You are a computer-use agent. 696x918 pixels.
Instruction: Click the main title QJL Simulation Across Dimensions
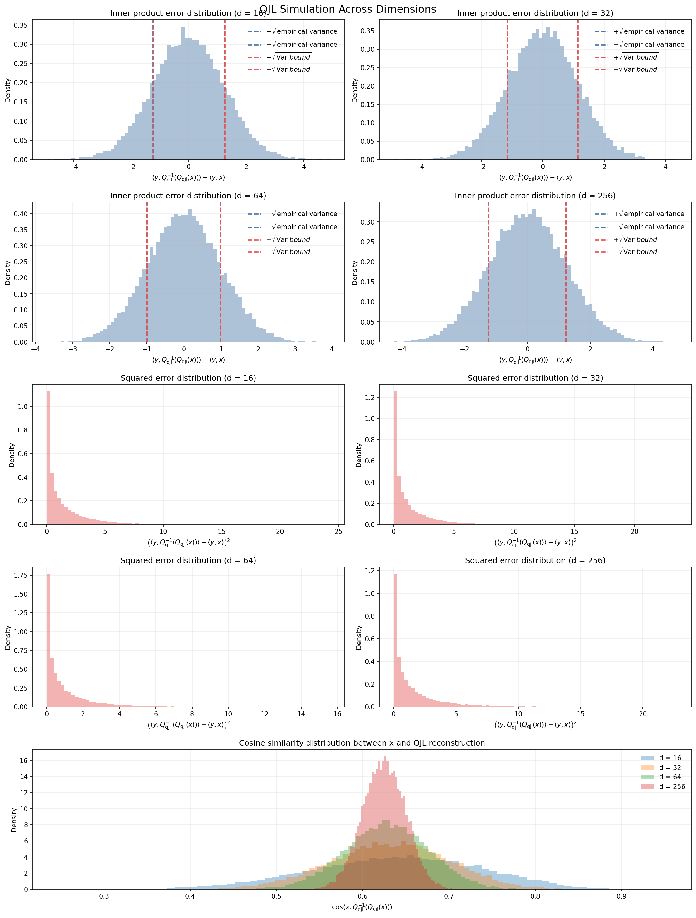click(348, 9)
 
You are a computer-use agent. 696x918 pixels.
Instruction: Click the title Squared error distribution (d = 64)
click(188, 560)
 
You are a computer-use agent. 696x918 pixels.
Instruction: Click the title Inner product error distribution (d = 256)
click(535, 196)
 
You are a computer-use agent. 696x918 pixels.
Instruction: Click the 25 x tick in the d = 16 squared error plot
click(338, 532)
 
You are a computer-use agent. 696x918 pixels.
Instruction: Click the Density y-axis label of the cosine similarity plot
click(14, 820)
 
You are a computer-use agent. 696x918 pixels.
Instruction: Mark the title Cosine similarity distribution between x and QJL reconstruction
click(361, 743)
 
